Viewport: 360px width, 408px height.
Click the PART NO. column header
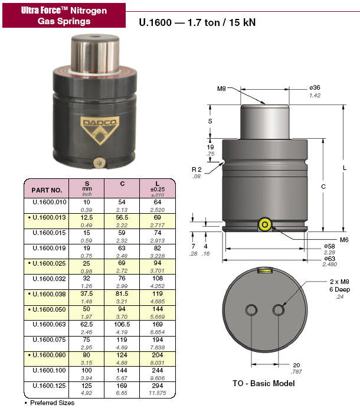point(47,190)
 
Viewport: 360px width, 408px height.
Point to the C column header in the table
point(122,184)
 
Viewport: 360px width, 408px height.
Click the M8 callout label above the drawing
point(222,89)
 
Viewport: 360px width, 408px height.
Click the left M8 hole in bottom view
point(252,310)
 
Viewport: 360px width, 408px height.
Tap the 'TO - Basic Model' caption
point(264,383)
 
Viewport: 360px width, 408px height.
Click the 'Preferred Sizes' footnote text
point(52,403)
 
